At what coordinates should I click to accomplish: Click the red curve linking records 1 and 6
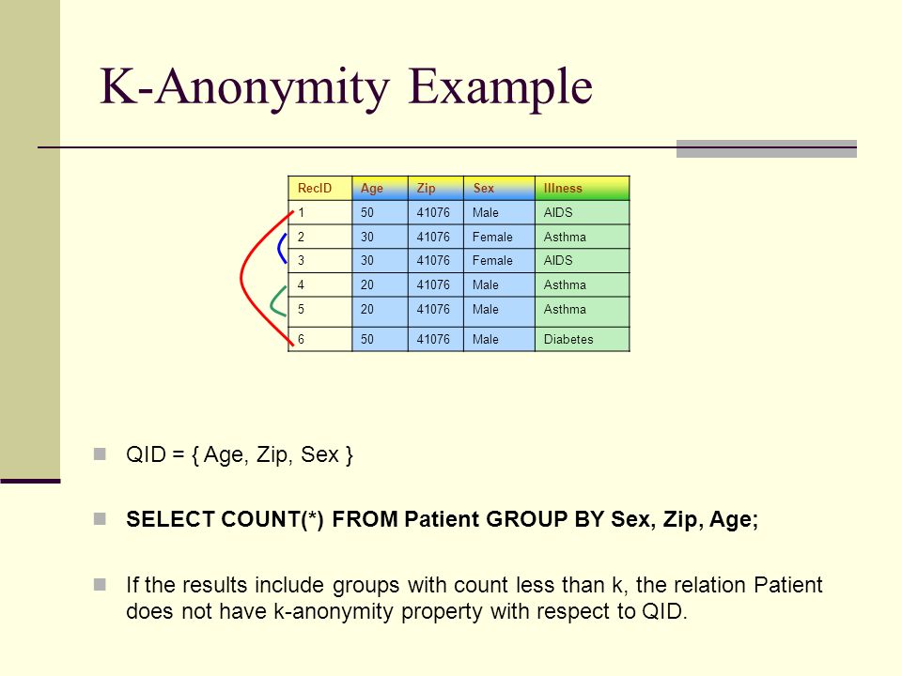[x=241, y=279]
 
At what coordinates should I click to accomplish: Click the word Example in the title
[x=501, y=87]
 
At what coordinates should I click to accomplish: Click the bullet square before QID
[x=100, y=454]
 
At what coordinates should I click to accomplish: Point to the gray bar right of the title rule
[x=767, y=148]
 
